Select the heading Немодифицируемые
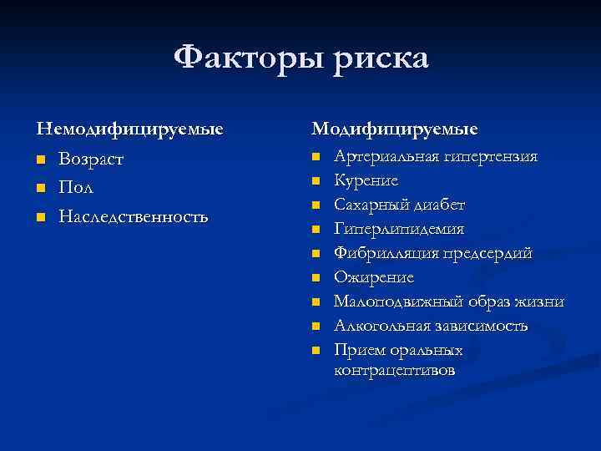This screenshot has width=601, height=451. pyautogui.click(x=129, y=129)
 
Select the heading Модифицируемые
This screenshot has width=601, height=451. pyautogui.click(x=395, y=129)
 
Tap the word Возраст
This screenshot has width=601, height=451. pyautogui.click(x=91, y=159)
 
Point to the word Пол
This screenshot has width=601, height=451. pyautogui.click(x=75, y=188)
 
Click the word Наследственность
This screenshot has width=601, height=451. pyautogui.click(x=133, y=217)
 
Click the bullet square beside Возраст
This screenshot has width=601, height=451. pyautogui.click(x=40, y=160)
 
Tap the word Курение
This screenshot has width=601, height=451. pyautogui.click(x=366, y=180)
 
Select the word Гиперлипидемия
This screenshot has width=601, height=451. pyautogui.click(x=399, y=229)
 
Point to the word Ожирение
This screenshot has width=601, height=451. pyautogui.click(x=373, y=277)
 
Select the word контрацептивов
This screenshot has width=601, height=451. pyautogui.click(x=395, y=370)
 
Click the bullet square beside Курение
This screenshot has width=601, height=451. pyautogui.click(x=316, y=180)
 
